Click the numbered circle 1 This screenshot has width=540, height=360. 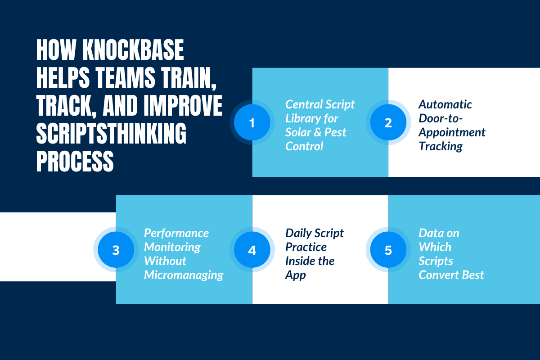pyautogui.click(x=252, y=122)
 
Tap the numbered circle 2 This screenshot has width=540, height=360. pyautogui.click(x=388, y=122)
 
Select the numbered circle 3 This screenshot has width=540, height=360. pyautogui.click(x=116, y=250)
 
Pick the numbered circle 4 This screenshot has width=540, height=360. pyautogui.click(x=252, y=250)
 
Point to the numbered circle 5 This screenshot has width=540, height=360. pyautogui.click(x=388, y=250)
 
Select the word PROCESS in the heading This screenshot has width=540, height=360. pyautogui.click(x=75, y=161)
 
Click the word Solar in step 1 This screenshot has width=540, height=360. pyautogui.click(x=298, y=132)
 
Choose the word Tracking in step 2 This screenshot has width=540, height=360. pyautogui.click(x=441, y=146)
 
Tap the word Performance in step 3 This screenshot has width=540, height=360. pyautogui.click(x=176, y=233)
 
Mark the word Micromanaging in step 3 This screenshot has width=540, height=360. pyautogui.click(x=184, y=275)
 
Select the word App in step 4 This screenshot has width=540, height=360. pyautogui.click(x=295, y=275)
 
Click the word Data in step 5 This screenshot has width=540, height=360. pyautogui.click(x=430, y=233)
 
